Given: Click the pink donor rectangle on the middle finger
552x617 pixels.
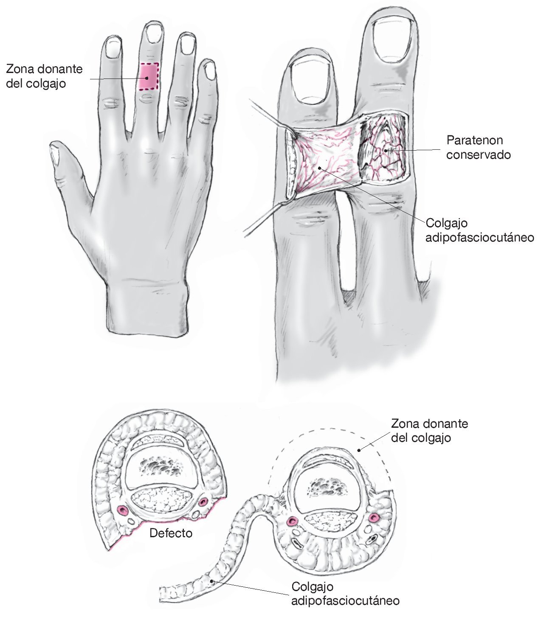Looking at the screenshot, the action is (x=149, y=76).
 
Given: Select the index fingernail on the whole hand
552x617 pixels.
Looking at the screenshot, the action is (x=113, y=47).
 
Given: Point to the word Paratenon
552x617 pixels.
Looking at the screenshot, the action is (x=470, y=140).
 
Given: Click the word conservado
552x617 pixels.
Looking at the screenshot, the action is (x=478, y=155).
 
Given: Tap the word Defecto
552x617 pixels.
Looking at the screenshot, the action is (x=171, y=533).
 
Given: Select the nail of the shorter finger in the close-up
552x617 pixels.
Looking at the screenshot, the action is (x=312, y=81).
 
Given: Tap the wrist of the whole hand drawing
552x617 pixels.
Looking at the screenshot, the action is (x=146, y=308).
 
